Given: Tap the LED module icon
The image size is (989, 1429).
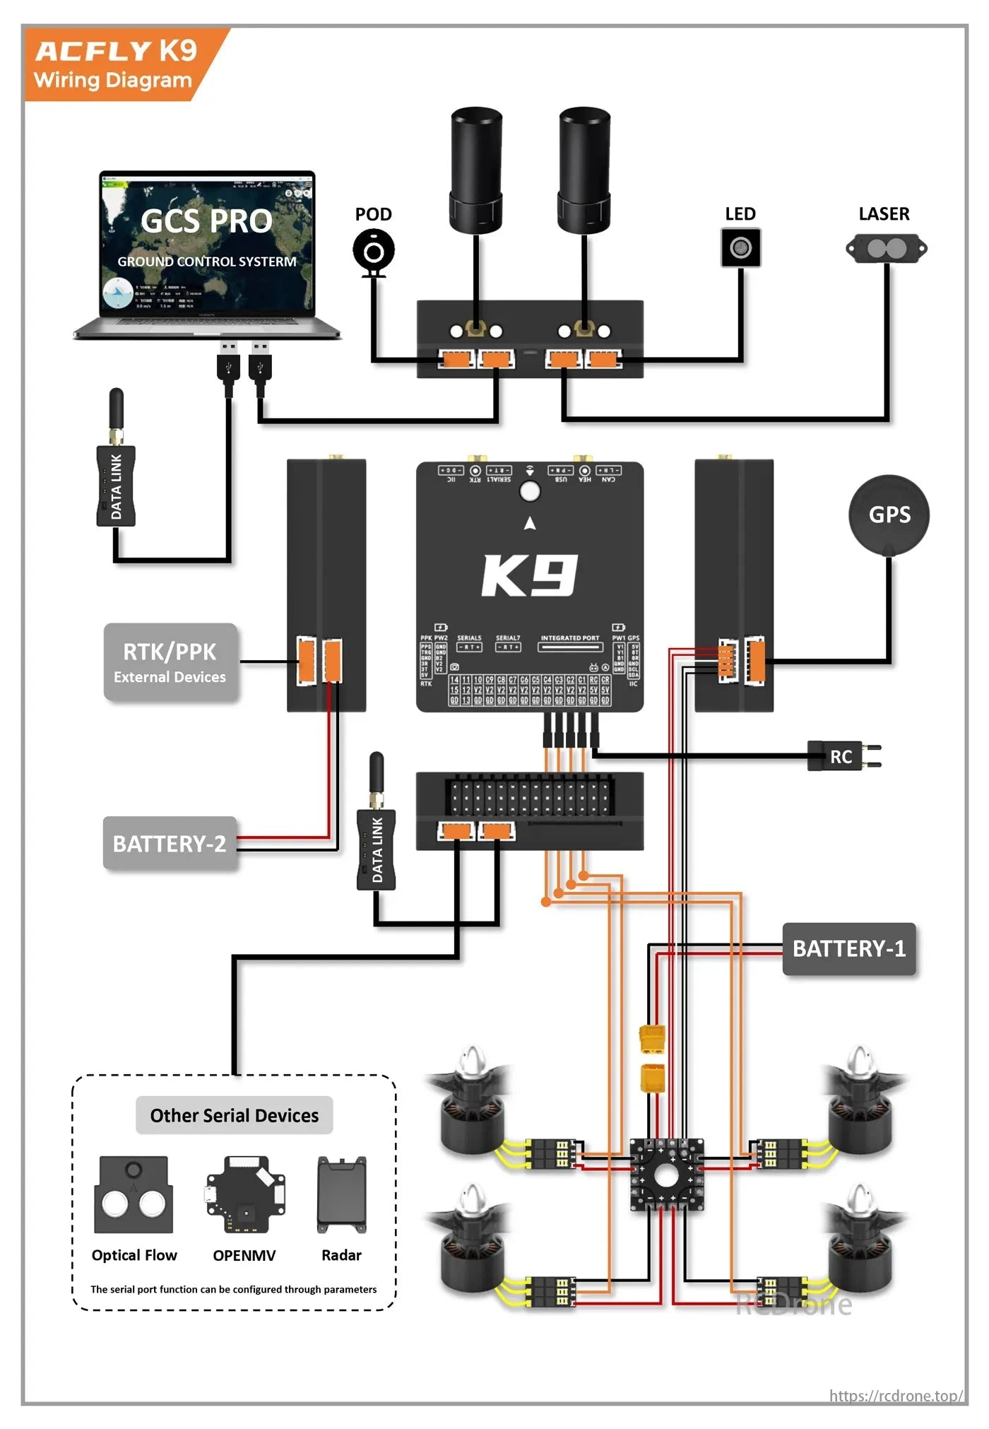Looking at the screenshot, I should pyautogui.click(x=740, y=247).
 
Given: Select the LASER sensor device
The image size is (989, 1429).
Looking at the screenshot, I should pyautogui.click(x=886, y=248).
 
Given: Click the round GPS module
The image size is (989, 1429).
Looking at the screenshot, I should pyautogui.click(x=889, y=514).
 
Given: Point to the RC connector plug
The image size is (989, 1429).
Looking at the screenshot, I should pyautogui.click(x=843, y=756).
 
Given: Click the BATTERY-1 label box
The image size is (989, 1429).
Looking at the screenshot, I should pyautogui.click(x=848, y=948).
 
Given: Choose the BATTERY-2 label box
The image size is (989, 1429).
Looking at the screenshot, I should pyautogui.click(x=170, y=844).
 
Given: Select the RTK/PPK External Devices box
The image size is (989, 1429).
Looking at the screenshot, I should pyautogui.click(x=170, y=662).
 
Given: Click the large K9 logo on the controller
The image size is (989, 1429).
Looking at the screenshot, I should pyautogui.click(x=530, y=575).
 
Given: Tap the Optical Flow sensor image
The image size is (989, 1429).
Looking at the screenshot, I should pyautogui.click(x=134, y=1194).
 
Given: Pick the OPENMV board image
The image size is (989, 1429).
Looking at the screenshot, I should pyautogui.click(x=245, y=1194).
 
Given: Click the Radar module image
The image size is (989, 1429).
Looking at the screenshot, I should pyautogui.click(x=342, y=1194).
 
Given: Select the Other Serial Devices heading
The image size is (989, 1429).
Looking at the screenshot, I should pyautogui.click(x=234, y=1115).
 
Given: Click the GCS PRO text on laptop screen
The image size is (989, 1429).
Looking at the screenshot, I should pyautogui.click(x=206, y=221).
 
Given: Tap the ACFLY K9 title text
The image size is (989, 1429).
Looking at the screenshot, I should pyautogui.click(x=116, y=51).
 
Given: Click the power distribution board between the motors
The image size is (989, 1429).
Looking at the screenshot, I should pyautogui.click(x=666, y=1175).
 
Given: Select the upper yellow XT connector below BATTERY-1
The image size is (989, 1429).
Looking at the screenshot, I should pyautogui.click(x=652, y=1040).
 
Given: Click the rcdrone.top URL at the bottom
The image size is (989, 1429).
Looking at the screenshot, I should pyautogui.click(x=895, y=1396).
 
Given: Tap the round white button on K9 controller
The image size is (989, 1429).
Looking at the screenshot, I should pyautogui.click(x=529, y=490).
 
